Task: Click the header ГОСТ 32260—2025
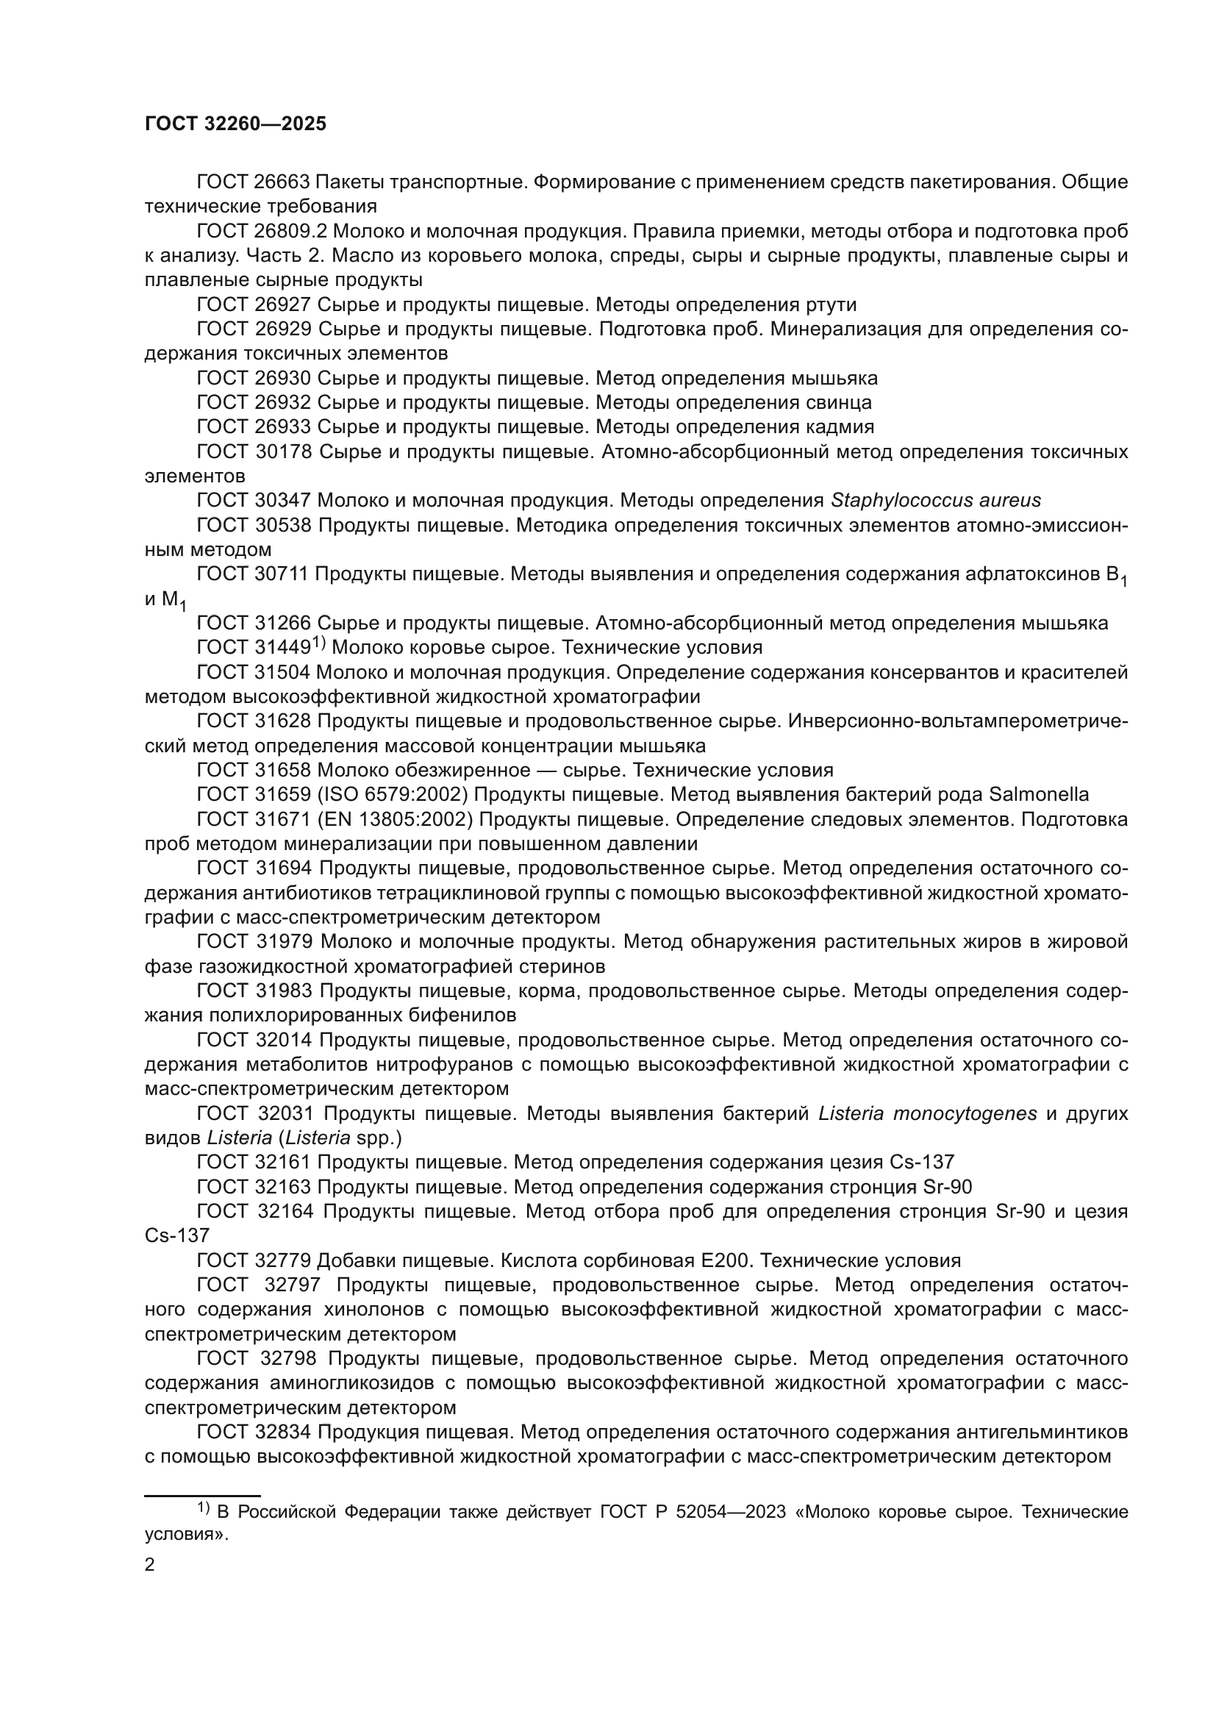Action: click(x=236, y=124)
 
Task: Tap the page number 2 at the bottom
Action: click(x=150, y=1565)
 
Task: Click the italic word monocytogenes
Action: click(x=927, y=1114)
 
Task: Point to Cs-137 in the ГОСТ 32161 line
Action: click(x=922, y=1163)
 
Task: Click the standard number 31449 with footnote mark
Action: click(x=278, y=647)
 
